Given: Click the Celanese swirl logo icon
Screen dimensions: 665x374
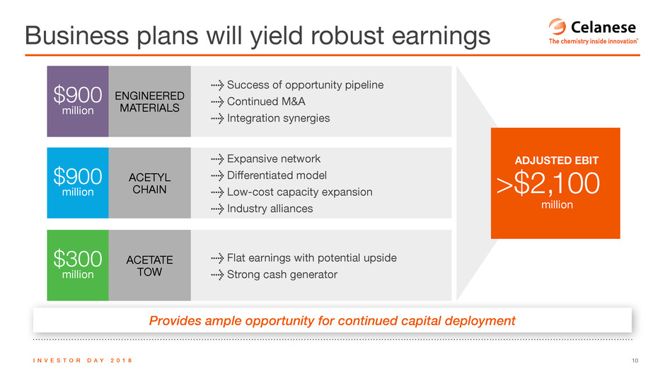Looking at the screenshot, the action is pos(557,26).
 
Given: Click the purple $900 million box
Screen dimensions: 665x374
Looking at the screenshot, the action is pos(78,101).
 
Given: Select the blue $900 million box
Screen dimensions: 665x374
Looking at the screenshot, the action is pos(78,183).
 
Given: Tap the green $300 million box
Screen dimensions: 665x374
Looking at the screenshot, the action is pos(78,265).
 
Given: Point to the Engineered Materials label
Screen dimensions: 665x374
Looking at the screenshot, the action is pos(150,102).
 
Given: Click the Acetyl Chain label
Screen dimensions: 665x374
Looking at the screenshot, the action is pos(150,183).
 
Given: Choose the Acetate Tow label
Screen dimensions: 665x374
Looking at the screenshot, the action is pos(150,265).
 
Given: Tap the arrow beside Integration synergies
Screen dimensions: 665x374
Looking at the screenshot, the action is pos(217,118).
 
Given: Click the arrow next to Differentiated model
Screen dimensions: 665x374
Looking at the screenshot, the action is pos(217,175).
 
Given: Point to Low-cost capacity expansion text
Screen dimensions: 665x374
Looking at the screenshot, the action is pos(299,192).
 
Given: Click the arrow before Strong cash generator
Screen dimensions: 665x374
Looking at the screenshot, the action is pos(217,275).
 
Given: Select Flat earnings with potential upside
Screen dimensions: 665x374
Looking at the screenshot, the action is pos(312,258).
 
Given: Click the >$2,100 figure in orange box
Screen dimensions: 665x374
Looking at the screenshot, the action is pos(548,183).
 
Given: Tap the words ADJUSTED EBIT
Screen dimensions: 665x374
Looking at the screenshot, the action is pos(557,160).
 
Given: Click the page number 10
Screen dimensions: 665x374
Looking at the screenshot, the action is pos(635,361).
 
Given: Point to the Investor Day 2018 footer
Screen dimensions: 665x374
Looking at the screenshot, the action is pos(83,361).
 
